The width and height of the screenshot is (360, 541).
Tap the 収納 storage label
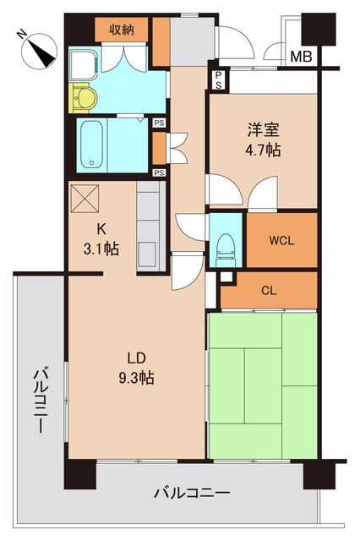click(x=122, y=29)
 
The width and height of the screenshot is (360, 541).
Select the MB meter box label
click(x=300, y=57)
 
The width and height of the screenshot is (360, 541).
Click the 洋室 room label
click(x=264, y=131)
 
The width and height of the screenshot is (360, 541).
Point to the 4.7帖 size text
click(x=264, y=150)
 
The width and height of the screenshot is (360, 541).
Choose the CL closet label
click(x=269, y=291)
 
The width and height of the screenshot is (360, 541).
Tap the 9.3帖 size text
click(x=135, y=378)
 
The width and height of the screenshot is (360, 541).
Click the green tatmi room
click(x=262, y=384)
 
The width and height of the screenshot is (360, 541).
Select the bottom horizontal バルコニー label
click(x=192, y=492)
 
